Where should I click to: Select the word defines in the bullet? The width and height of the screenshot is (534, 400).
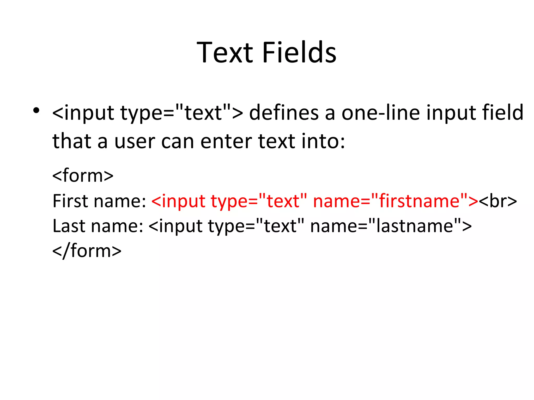point(284,113)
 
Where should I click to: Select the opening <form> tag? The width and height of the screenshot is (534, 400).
point(83,176)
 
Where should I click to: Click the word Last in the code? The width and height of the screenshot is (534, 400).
point(69,226)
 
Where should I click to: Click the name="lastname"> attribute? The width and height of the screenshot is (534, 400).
point(391,226)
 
